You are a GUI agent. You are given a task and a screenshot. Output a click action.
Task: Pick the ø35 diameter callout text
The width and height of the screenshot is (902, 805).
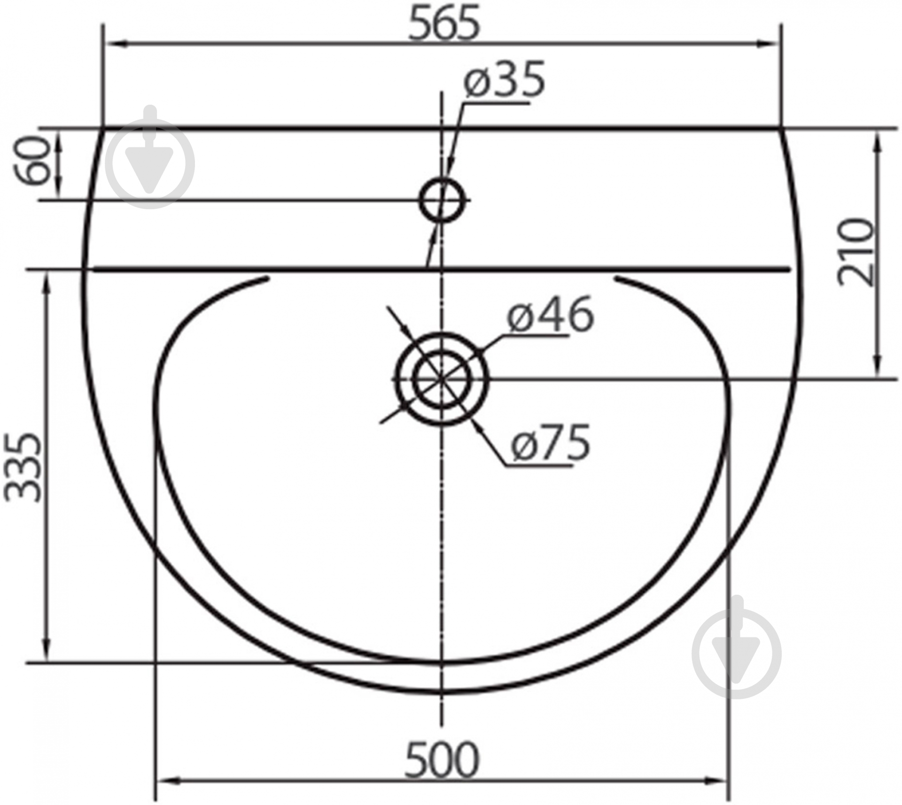(x=504, y=78)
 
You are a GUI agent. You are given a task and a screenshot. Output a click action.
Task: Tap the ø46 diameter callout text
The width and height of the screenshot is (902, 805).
(x=550, y=314)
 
